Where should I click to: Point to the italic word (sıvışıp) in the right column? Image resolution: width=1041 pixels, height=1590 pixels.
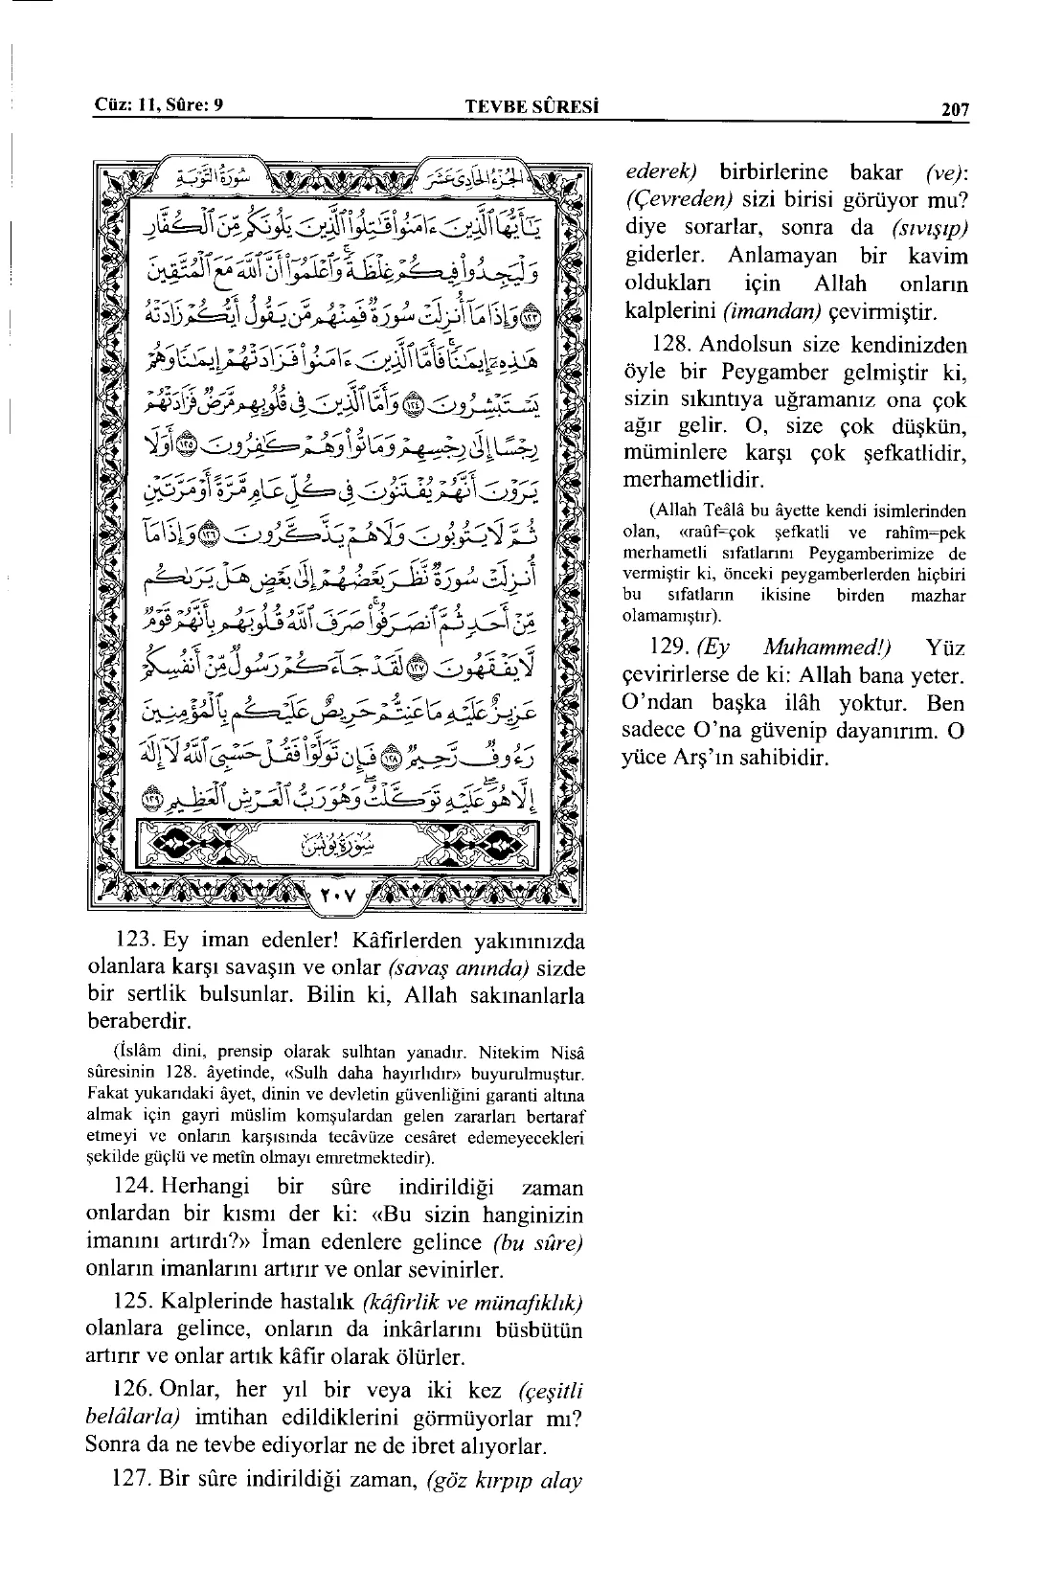[928, 230]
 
